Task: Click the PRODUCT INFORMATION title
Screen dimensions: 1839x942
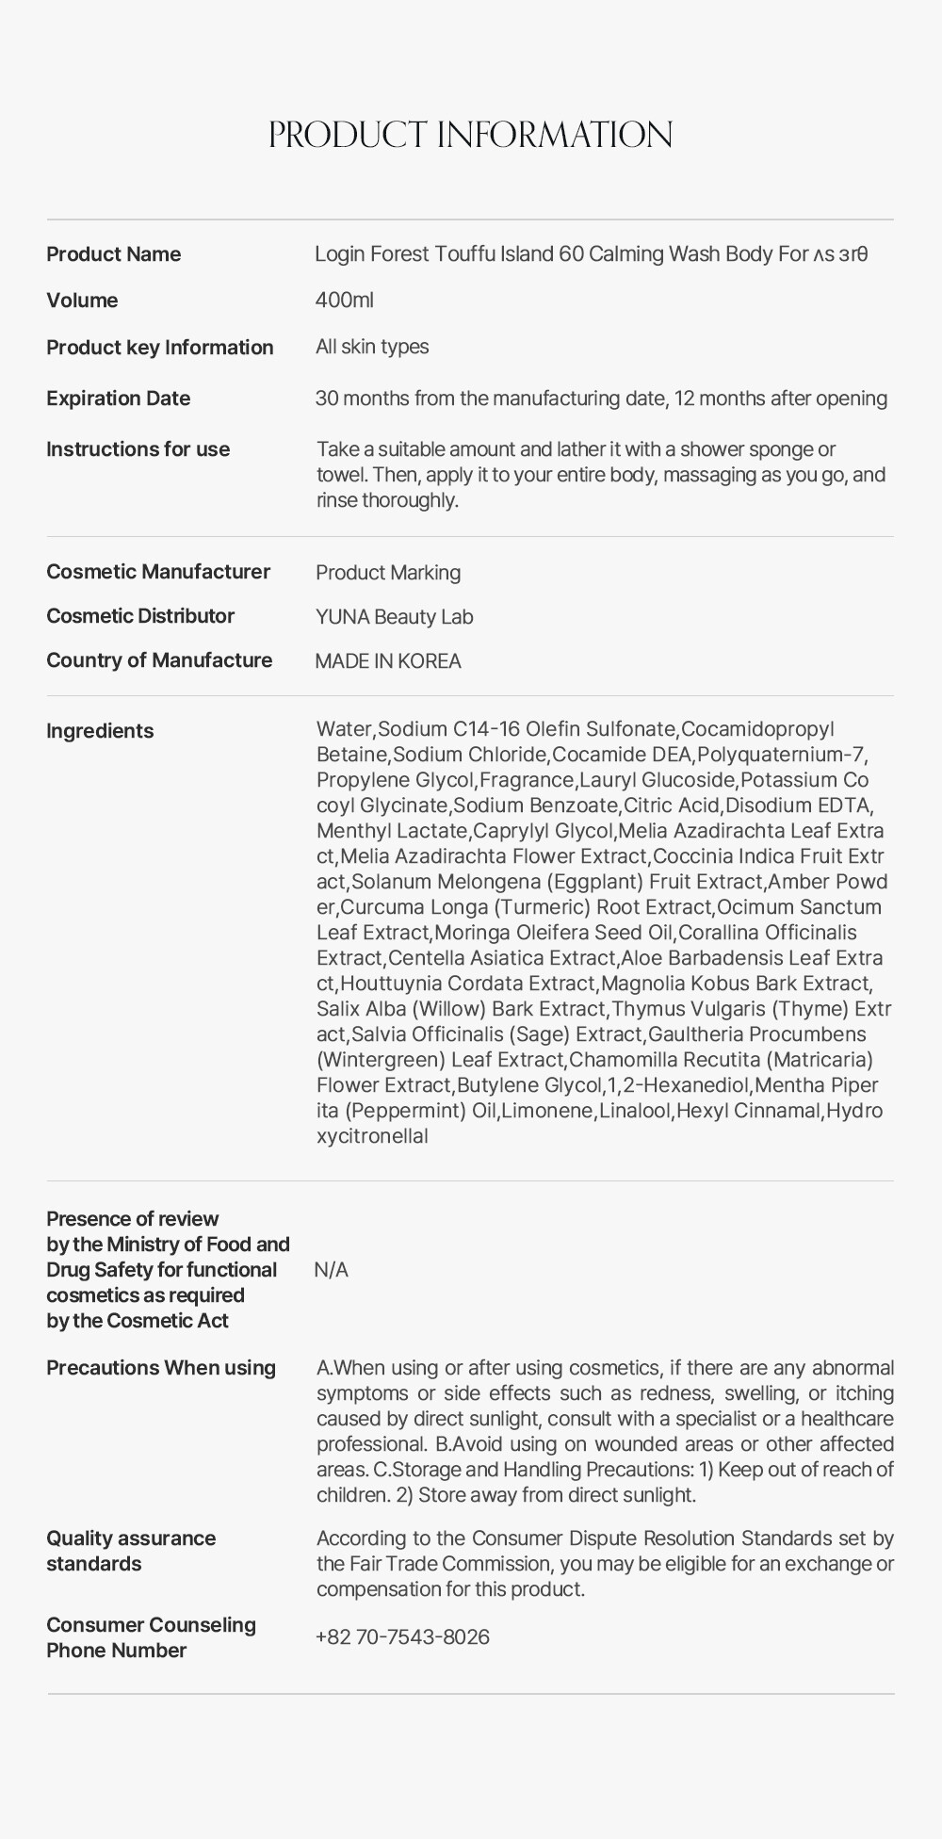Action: [x=470, y=135]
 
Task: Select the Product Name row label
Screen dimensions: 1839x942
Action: [x=113, y=254]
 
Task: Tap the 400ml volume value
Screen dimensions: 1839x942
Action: [x=344, y=301]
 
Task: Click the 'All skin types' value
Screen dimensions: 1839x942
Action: [x=372, y=347]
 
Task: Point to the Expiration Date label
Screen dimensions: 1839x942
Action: [x=118, y=399]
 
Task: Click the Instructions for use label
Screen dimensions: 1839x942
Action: [x=138, y=449]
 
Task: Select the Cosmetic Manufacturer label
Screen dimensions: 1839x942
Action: [x=157, y=572]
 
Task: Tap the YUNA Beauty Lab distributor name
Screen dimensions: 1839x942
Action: [x=394, y=617]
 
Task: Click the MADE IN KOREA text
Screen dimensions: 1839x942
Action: [x=388, y=661]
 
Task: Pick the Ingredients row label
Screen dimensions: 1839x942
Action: [x=100, y=731]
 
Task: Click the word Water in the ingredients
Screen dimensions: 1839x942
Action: [x=344, y=729]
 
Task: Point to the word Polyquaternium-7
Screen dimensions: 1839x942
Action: [x=781, y=755]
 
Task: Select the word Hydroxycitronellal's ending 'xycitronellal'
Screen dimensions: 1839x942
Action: [x=372, y=1136]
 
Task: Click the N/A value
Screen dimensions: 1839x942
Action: [x=331, y=1270]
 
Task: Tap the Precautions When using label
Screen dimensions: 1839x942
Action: [x=161, y=1368]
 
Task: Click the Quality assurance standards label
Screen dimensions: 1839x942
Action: [x=131, y=1551]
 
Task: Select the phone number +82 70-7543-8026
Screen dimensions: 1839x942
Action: [x=402, y=1637]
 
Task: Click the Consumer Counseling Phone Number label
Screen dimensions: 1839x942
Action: [x=151, y=1637]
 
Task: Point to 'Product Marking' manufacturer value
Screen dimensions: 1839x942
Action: [x=388, y=573]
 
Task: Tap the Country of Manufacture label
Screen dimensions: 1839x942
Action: [x=159, y=660]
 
